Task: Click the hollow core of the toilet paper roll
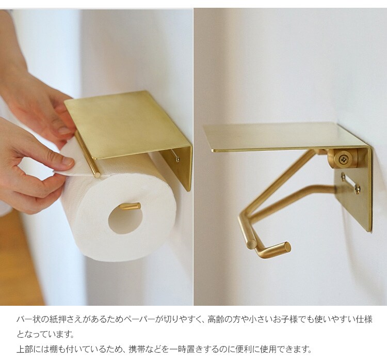pyautogui.click(x=125, y=220)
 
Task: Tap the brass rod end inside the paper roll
pyautogui.click(x=137, y=206)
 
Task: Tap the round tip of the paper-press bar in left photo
pyautogui.click(x=98, y=175)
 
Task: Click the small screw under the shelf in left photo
pyautogui.click(x=178, y=160)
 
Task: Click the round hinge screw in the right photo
pyautogui.click(x=342, y=158)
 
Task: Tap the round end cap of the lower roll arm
pyautogui.click(x=287, y=246)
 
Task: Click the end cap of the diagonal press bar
pyautogui.click(x=252, y=244)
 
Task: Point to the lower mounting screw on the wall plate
pyautogui.click(x=358, y=190)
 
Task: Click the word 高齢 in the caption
pyautogui.click(x=216, y=320)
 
